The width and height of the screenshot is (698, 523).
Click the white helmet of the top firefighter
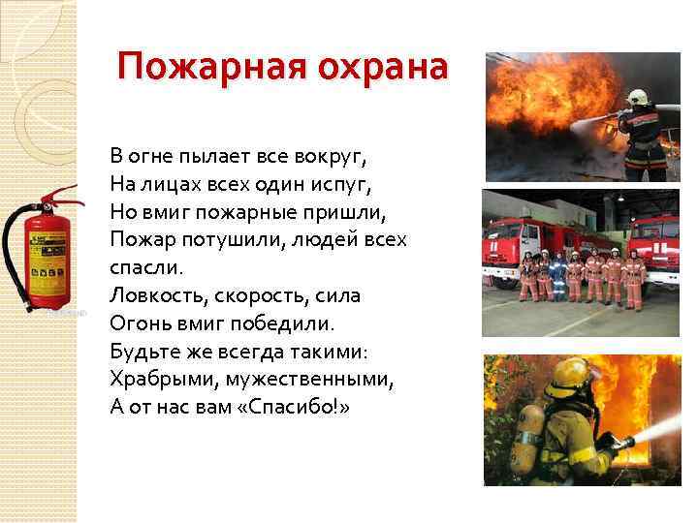tap(636, 97)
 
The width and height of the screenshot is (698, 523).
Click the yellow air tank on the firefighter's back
tap(527, 441)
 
